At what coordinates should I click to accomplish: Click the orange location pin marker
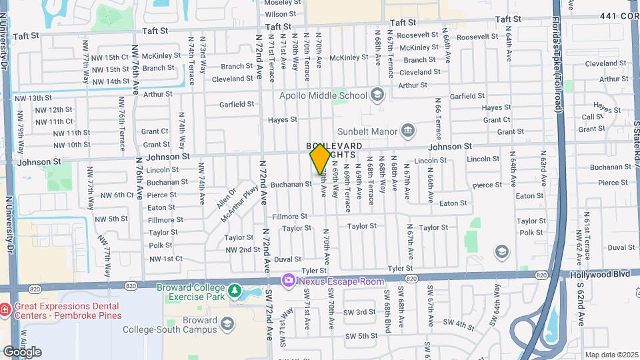click(320, 159)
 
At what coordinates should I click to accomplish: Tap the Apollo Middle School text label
click(323, 95)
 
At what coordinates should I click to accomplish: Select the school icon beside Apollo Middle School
click(377, 95)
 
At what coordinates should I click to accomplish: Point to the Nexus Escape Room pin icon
click(288, 281)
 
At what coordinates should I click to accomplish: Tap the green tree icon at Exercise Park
click(234, 291)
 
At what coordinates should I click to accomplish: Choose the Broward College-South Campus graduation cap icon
click(227, 324)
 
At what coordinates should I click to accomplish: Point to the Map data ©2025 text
click(611, 355)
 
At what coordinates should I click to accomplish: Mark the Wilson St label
click(280, 14)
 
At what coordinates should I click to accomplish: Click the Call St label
click(592, 117)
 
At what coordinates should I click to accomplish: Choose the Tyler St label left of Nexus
click(314, 270)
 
